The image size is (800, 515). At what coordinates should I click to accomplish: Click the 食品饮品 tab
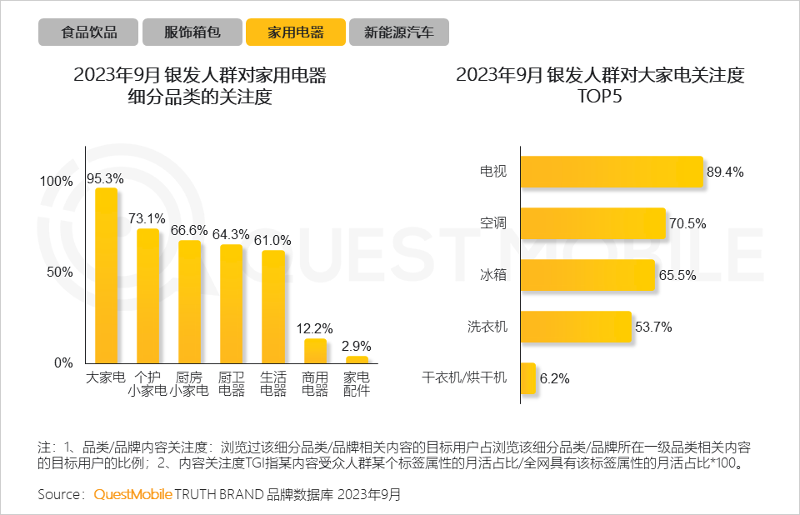pos(88,32)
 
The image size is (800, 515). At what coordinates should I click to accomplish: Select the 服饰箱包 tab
pos(192,32)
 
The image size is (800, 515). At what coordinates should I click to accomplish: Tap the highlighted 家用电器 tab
pos(296,32)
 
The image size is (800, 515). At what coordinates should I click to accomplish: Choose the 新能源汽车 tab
pos(398,32)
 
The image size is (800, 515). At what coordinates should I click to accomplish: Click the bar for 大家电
pos(106,275)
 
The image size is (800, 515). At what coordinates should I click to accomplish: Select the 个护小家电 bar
pos(147,296)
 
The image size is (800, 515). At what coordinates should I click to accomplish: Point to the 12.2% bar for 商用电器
pos(315,351)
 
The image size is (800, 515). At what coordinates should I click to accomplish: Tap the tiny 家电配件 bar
pos(357,359)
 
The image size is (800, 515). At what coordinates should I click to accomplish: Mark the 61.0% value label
pos(273,240)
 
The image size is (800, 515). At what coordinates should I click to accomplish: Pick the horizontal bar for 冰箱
pos(587,276)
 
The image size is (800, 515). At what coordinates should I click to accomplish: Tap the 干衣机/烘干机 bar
pos(527,378)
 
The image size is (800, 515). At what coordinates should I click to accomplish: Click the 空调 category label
pos(493,223)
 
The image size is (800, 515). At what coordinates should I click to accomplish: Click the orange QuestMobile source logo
pos(132,494)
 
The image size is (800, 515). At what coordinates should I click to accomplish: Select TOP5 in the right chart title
pos(600,97)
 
